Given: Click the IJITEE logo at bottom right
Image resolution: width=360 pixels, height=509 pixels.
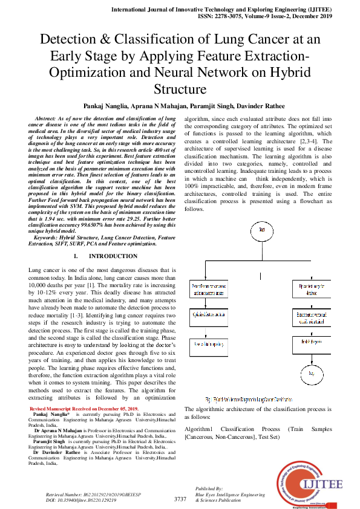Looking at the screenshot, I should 308,476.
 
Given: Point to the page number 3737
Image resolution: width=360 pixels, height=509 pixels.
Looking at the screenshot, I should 180,499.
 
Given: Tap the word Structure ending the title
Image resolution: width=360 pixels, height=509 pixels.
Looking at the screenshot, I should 180,89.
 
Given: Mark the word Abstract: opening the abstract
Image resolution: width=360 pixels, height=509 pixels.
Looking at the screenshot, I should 50,119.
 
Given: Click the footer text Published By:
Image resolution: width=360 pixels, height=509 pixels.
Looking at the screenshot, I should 209,488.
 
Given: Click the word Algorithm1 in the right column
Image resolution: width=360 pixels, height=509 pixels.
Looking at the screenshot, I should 202,429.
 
